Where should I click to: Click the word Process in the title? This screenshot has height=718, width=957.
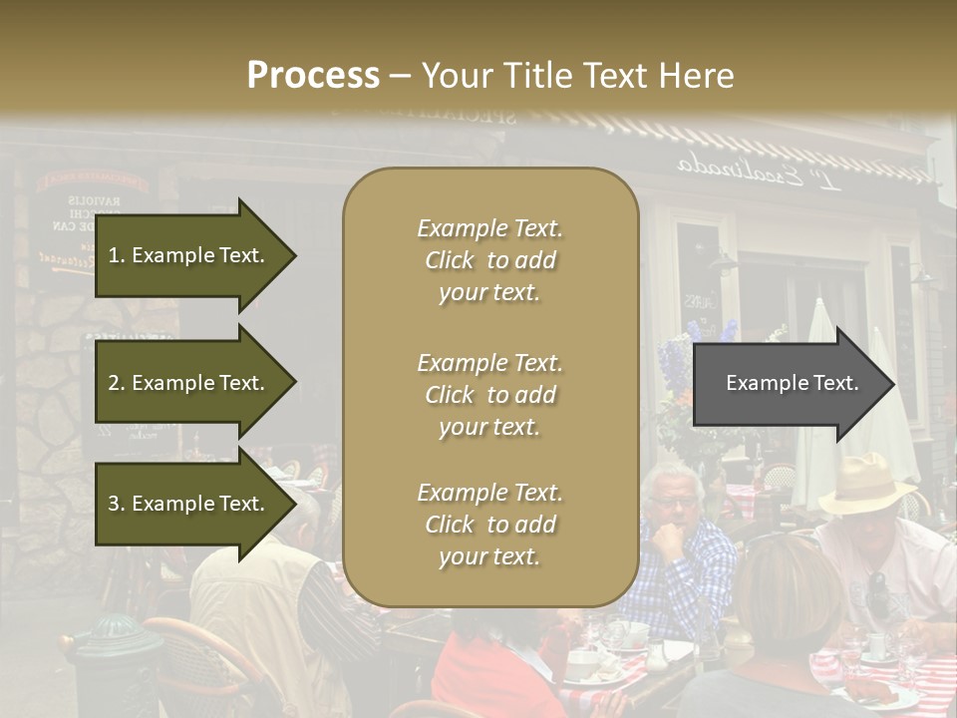pos(313,76)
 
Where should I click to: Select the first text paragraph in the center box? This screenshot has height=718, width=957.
pos(489,260)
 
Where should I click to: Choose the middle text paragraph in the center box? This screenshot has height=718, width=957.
pos(489,395)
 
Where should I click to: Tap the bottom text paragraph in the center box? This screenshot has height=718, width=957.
pos(489,525)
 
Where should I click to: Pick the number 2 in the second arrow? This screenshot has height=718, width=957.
pos(114,383)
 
